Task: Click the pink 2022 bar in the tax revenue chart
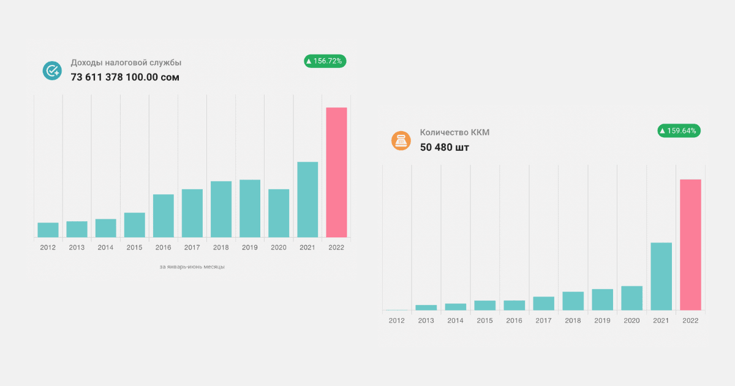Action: point(336,172)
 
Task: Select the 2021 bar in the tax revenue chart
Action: point(307,199)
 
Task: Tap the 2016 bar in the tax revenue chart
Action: point(164,216)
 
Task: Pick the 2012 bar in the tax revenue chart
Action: point(48,230)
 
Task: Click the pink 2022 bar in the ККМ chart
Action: point(690,244)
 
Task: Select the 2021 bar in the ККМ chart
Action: point(661,276)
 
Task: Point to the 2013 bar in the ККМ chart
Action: point(426,308)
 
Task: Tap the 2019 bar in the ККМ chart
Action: point(602,300)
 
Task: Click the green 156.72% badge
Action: point(325,61)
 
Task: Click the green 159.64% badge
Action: point(679,131)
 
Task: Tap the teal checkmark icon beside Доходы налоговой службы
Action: point(52,70)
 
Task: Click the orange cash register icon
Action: point(401,141)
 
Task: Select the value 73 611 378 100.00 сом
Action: point(125,77)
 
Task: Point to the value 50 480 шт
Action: point(445,147)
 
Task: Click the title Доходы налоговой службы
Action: point(126,62)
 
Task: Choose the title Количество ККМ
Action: point(454,132)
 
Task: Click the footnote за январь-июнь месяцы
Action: point(192,267)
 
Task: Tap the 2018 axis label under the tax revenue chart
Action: point(221,248)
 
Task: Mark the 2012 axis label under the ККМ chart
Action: point(396,320)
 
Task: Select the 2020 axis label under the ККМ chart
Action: point(631,320)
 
